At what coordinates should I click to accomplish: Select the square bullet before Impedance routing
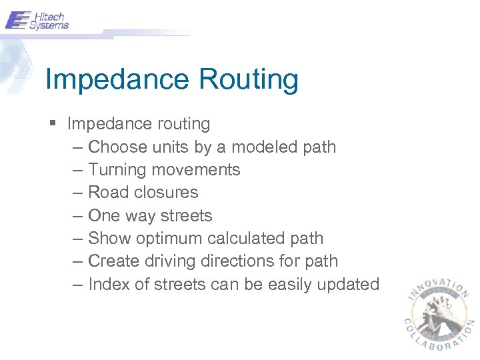[53, 124]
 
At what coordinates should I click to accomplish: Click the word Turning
[116, 170]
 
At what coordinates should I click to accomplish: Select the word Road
[107, 193]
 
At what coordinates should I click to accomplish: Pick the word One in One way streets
[103, 216]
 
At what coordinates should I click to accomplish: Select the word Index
[108, 285]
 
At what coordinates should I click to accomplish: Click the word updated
[349, 285]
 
